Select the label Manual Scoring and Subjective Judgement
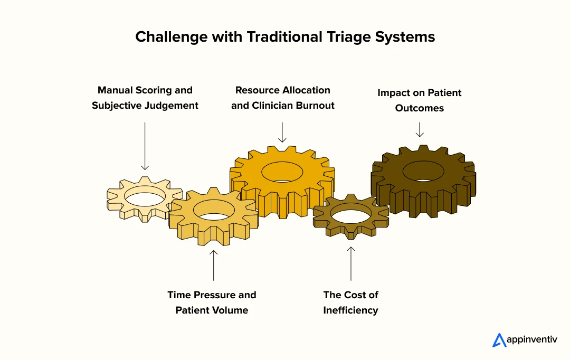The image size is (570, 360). [x=145, y=98]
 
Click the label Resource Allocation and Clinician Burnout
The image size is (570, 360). [x=283, y=98]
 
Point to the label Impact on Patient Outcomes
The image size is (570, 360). [x=419, y=100]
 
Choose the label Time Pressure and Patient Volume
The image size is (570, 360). [x=212, y=302]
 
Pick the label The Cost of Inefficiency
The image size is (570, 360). [x=350, y=302]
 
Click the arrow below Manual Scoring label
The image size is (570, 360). [x=145, y=146]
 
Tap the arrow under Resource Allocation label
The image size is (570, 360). [x=282, y=132]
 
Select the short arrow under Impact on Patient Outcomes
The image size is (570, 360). [x=420, y=130]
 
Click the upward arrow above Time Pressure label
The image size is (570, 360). [x=213, y=264]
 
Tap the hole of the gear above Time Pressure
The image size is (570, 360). [x=214, y=210]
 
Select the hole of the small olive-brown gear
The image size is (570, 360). [x=350, y=216]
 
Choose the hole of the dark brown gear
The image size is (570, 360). [x=423, y=170]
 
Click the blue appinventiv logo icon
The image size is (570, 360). [x=499, y=340]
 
